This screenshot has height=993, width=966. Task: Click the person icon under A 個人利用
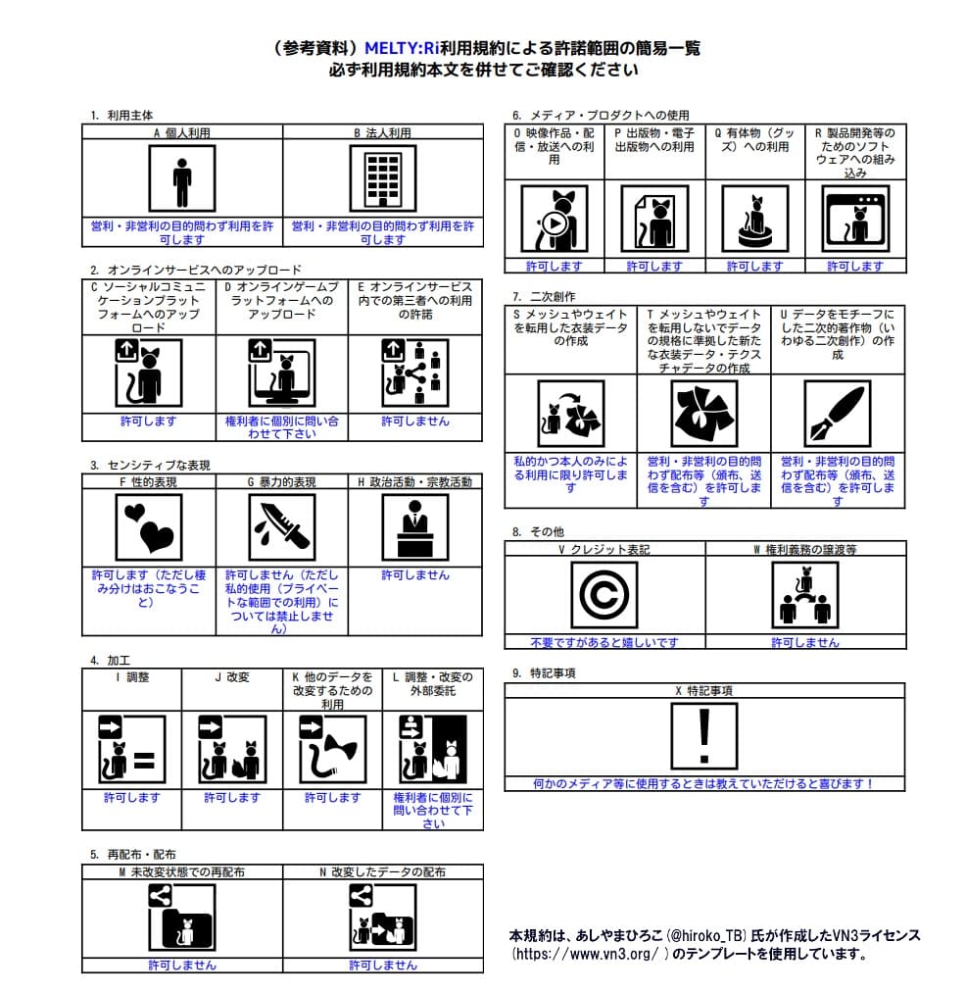pos(181,177)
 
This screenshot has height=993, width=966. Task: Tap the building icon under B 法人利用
pos(383,177)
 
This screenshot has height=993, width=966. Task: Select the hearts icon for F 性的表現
pos(149,526)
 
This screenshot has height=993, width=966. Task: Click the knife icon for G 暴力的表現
pos(281,526)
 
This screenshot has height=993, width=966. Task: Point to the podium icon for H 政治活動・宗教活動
pos(415,526)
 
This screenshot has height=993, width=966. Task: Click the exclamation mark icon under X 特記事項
pos(703,734)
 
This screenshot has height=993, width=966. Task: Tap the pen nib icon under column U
pos(837,413)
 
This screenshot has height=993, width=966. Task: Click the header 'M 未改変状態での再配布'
pos(182,871)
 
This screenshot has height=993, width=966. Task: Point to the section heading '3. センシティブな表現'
pos(150,466)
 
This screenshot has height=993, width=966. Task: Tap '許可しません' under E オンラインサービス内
pos(415,421)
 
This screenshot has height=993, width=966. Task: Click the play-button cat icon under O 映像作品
pos(554,219)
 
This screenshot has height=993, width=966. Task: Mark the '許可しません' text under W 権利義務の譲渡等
pos(804,642)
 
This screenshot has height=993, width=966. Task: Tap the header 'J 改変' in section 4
pos(232,677)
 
